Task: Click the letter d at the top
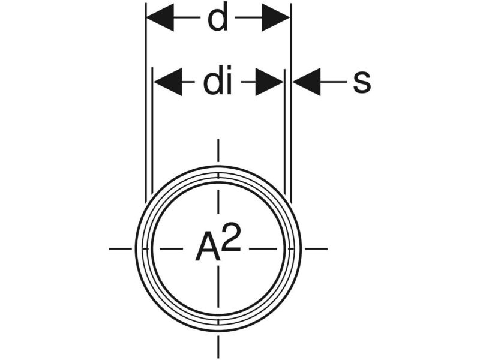click(218, 19)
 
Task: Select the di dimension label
click(217, 82)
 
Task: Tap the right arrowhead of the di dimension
click(269, 82)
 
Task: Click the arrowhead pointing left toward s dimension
click(306, 82)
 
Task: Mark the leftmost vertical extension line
click(146, 102)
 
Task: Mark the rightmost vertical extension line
click(290, 102)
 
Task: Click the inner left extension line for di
click(154, 132)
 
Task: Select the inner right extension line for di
click(283, 132)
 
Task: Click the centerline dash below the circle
click(218, 347)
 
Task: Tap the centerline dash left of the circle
click(120, 248)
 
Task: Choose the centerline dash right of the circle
click(317, 248)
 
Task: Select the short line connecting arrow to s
click(334, 82)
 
